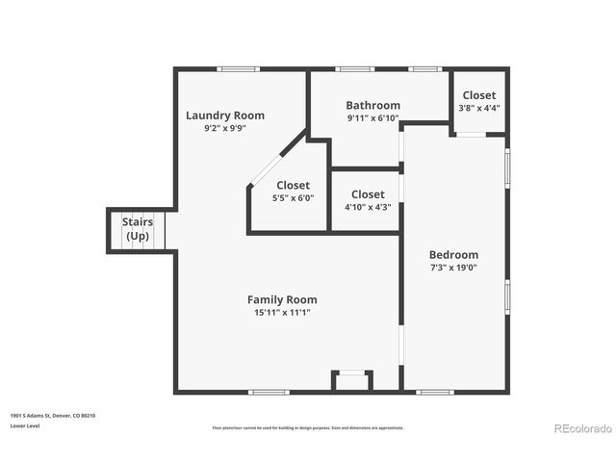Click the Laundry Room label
(x=224, y=115)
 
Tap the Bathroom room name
(x=372, y=105)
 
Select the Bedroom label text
(x=453, y=254)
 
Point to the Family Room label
(x=282, y=299)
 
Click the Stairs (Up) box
(x=138, y=230)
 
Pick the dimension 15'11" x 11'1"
(x=282, y=313)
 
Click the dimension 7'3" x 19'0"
(x=453, y=268)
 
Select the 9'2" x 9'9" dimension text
(x=224, y=128)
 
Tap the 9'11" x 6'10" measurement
(x=372, y=118)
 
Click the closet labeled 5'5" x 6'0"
(x=293, y=191)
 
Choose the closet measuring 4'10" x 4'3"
(x=368, y=200)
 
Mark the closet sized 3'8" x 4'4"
(x=479, y=101)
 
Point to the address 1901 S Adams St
(x=53, y=416)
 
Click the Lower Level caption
(x=25, y=424)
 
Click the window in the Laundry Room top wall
(x=238, y=68)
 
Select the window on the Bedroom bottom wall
(x=435, y=392)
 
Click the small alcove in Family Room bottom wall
(x=352, y=381)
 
